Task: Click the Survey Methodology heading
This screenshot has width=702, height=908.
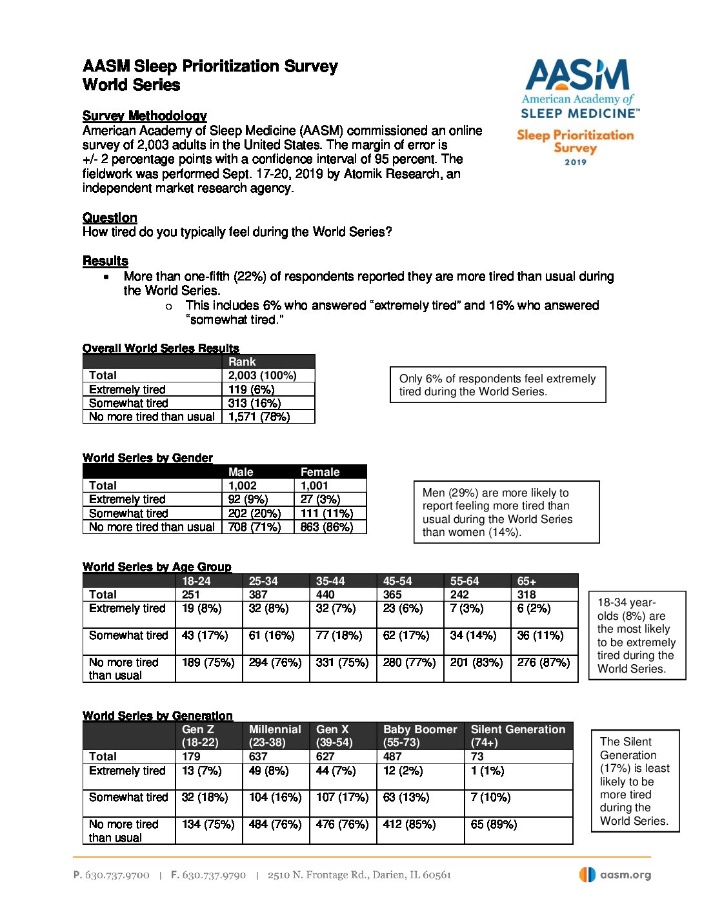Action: (x=145, y=115)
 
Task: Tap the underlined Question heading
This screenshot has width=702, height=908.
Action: (x=110, y=217)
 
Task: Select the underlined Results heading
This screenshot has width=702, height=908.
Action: (x=105, y=261)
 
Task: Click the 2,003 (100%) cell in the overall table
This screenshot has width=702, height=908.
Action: (x=263, y=375)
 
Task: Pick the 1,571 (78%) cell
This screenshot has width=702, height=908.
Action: (x=259, y=417)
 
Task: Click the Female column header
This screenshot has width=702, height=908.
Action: (x=320, y=472)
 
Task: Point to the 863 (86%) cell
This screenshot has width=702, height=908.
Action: (x=327, y=527)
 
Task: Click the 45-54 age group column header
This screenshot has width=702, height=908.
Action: (x=397, y=581)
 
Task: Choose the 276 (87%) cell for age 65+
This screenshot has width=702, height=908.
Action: (x=543, y=662)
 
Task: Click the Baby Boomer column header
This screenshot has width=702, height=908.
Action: (x=420, y=729)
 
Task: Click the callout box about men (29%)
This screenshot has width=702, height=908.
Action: (x=506, y=512)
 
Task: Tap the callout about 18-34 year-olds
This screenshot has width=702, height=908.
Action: (x=637, y=635)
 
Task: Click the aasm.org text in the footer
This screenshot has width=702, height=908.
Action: (x=625, y=875)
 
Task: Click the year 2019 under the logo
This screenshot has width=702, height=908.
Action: (x=576, y=162)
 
